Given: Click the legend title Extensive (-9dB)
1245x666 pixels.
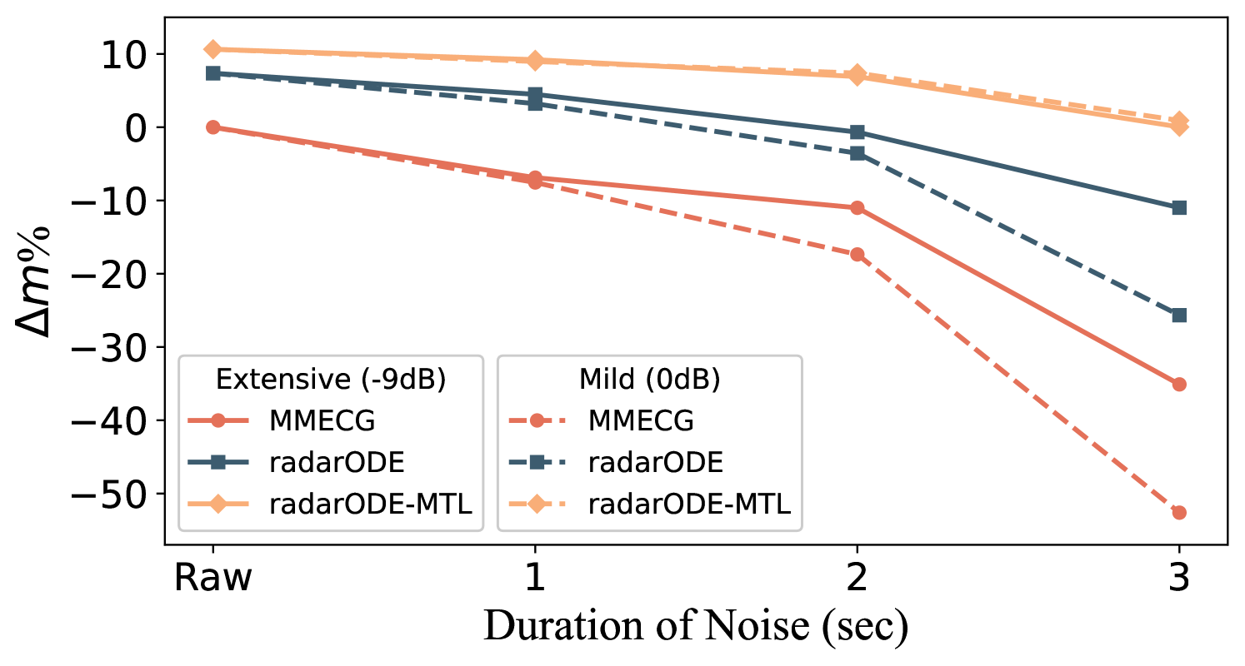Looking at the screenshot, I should tap(331, 380).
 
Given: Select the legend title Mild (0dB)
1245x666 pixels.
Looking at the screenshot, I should tap(649, 380).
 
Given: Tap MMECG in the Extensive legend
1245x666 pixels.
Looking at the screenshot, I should tap(322, 420).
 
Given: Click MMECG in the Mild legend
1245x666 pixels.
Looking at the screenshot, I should tap(641, 420).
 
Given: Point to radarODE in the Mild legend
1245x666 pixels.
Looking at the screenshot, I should tap(656, 462).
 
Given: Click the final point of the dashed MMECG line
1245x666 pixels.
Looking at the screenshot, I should tap(1178, 512).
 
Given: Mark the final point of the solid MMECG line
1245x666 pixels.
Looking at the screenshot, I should tap(1178, 384).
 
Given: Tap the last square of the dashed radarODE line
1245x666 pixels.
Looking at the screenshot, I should tap(1178, 316).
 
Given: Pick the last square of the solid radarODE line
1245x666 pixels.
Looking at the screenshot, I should tap(1178, 207).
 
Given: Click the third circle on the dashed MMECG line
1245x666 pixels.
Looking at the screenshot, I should tap(857, 254).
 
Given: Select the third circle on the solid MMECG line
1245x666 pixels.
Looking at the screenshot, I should tap(857, 207).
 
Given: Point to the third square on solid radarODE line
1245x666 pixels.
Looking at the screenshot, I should tap(857, 132).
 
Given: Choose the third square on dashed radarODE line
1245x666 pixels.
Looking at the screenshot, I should tap(857, 154).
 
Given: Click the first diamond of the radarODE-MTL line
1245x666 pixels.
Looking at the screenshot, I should tap(212, 49).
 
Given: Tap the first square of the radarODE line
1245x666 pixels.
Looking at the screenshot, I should tap(212, 73).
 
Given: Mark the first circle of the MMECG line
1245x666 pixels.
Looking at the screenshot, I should tap(212, 127).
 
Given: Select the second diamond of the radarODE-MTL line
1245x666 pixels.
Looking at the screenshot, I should tap(535, 61).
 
